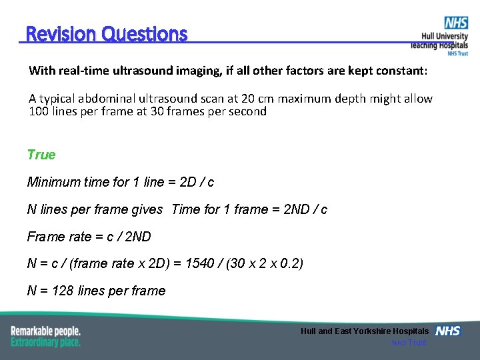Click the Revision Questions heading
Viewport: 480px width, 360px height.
coord(107,34)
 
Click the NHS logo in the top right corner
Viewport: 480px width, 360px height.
coord(456,23)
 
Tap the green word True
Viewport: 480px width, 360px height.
coord(41,155)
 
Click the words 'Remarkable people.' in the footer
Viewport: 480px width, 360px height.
coord(45,331)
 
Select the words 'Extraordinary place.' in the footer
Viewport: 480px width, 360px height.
coord(45,342)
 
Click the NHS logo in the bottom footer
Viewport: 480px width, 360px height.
coord(447,331)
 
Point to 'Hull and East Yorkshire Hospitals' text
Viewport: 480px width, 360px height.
coord(365,331)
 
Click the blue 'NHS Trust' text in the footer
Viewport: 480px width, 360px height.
coord(408,343)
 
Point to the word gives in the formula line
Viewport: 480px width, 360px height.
coord(147,209)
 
